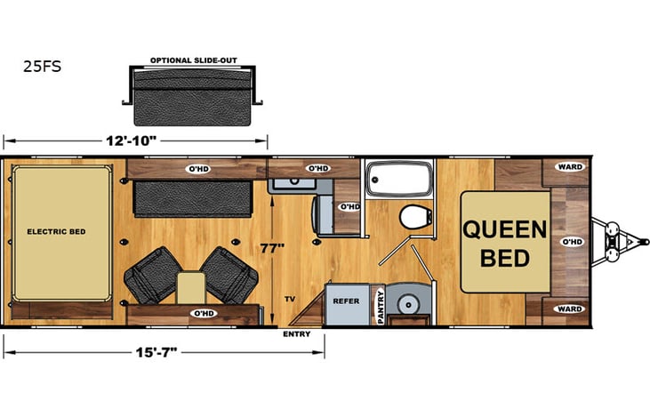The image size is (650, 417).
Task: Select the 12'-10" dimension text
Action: tap(134, 140)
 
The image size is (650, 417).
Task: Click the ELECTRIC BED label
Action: tap(57, 231)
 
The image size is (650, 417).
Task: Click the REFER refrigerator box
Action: tap(346, 301)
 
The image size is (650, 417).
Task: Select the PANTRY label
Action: tap(381, 307)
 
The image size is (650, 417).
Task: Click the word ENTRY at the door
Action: tap(297, 334)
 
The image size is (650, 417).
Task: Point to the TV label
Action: tap(289, 301)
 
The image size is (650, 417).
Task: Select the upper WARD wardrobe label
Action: tap(568, 166)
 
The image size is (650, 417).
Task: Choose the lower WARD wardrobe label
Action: tap(568, 309)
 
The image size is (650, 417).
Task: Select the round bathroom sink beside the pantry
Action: tap(410, 299)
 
